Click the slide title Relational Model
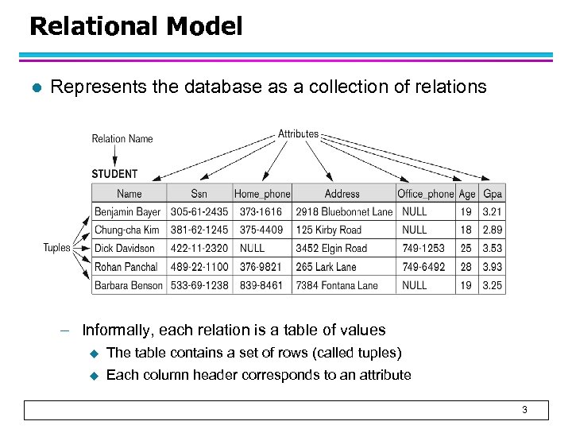coord(135,27)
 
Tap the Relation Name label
coord(122,139)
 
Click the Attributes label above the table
coord(298,133)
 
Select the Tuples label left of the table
coord(56,248)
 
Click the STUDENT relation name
coord(114,174)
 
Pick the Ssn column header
coord(199,194)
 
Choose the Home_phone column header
coord(262,194)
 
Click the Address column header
coord(342,194)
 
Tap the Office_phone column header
coord(425,194)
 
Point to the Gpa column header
coord(493,194)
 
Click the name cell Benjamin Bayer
coord(127,212)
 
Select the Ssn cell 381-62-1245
coord(199,230)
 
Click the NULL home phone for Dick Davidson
coord(253,249)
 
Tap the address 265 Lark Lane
coord(326,267)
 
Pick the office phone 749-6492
coord(423,267)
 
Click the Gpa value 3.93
coord(493,267)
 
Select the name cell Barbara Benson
coord(128,285)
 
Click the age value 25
coord(466,249)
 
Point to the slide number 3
coord(524,410)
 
